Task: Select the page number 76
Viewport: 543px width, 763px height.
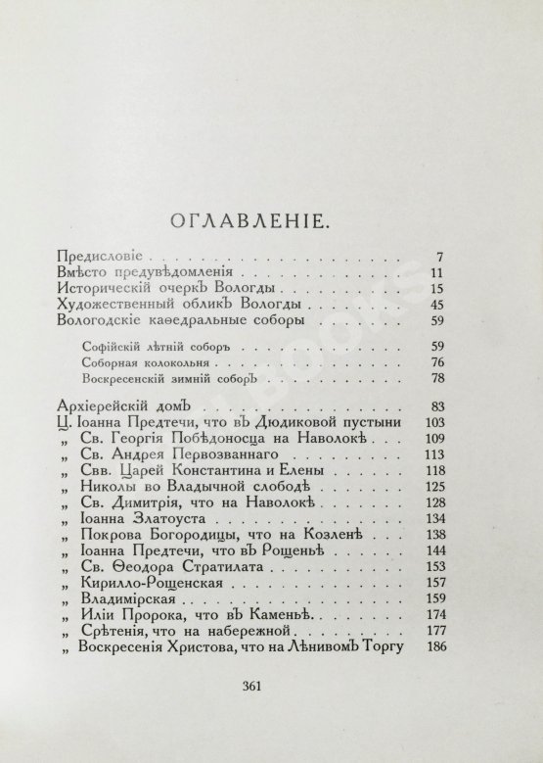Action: pyautogui.click(x=436, y=362)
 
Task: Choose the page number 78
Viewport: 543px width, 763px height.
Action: pyautogui.click(x=436, y=379)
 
